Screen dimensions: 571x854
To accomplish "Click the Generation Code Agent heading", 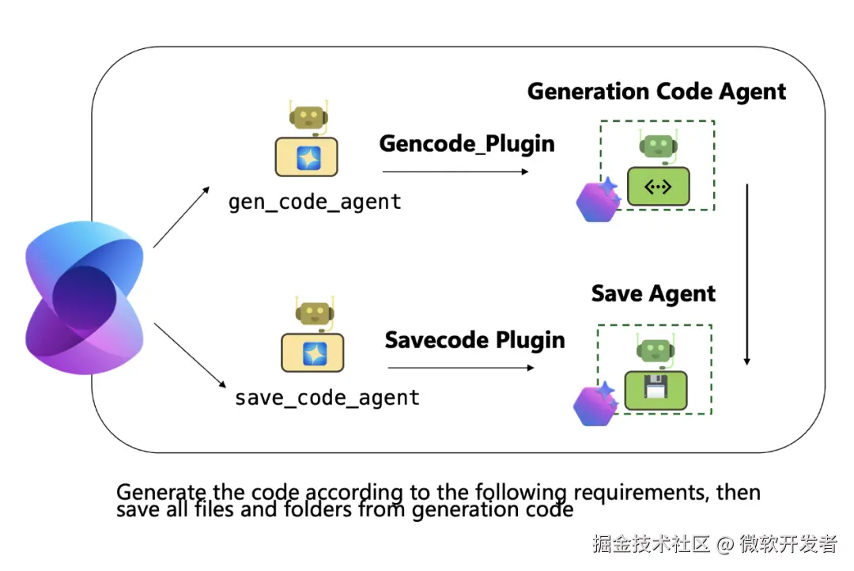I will (656, 91).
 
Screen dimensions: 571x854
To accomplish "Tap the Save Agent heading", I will (653, 294).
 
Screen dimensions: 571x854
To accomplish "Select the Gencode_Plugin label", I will (467, 143).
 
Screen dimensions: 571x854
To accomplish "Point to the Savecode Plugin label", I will (474, 340).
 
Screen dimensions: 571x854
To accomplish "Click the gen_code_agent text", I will (315, 202).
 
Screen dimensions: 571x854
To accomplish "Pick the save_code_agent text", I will (327, 397).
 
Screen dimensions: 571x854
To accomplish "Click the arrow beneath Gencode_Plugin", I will (455, 171).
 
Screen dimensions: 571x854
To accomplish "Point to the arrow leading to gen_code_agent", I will (181, 217).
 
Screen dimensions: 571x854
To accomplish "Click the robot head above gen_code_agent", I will (308, 118).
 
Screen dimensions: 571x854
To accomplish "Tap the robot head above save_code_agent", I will (312, 313).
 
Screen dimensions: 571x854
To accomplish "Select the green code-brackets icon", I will (659, 187).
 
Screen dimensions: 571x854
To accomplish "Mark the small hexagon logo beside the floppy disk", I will (595, 404).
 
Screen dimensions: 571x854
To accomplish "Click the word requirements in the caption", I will (640, 493).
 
